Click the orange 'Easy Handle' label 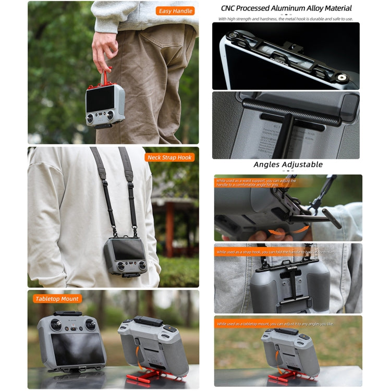pyautogui.click(x=175, y=10)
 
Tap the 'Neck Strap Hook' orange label pyautogui.click(x=170, y=157)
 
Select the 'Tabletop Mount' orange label pyautogui.click(x=57, y=299)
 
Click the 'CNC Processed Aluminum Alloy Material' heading pyautogui.click(x=286, y=8)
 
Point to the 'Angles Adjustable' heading pyautogui.click(x=288, y=165)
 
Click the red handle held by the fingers pyautogui.click(x=106, y=77)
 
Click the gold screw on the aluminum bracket pyautogui.click(x=343, y=77)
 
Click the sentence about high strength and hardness pyautogui.click(x=285, y=19)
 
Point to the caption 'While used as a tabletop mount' pyautogui.click(x=274, y=324)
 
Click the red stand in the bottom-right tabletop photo pyautogui.click(x=286, y=376)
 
